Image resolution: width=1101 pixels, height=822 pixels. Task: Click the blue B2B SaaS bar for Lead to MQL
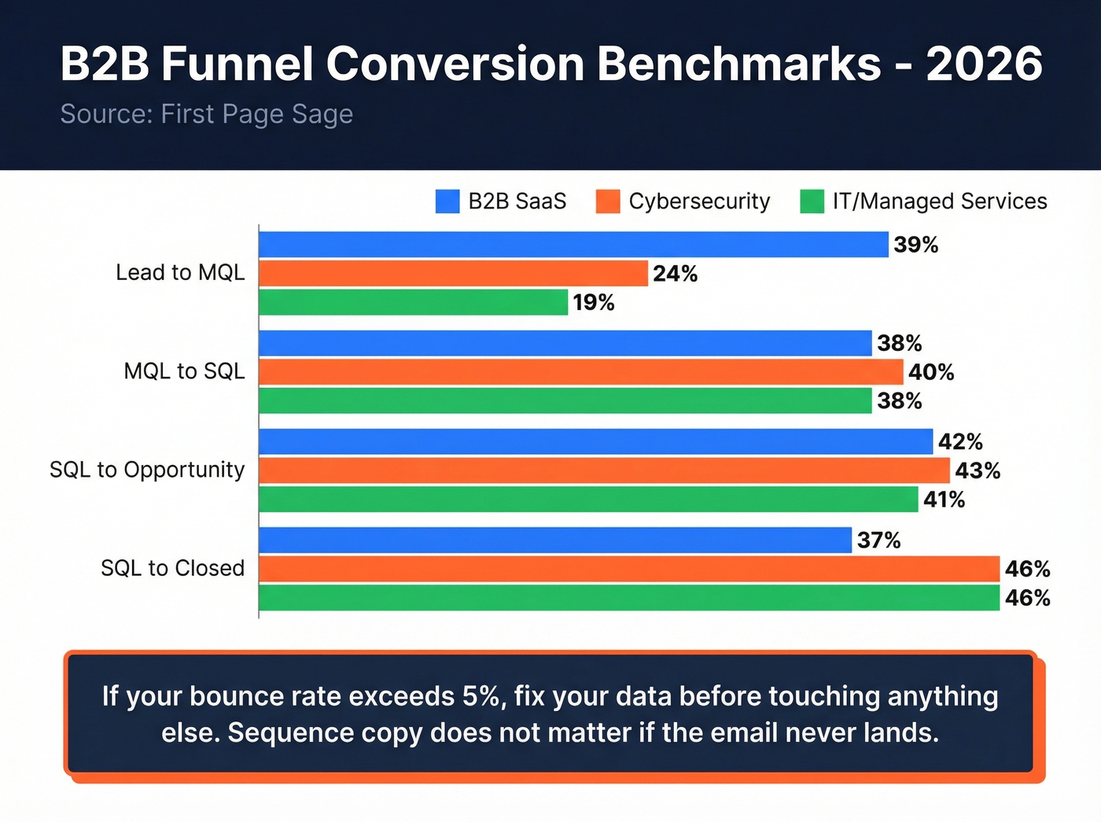(573, 245)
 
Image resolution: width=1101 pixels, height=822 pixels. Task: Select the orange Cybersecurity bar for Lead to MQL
(453, 274)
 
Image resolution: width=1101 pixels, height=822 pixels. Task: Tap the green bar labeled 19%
(413, 303)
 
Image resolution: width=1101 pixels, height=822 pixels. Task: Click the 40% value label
(931, 372)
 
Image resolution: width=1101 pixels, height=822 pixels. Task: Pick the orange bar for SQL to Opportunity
(604, 470)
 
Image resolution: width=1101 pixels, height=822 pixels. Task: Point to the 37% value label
(878, 540)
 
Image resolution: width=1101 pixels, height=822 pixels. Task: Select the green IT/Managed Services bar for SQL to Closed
(628, 598)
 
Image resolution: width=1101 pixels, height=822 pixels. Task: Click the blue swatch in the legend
(447, 201)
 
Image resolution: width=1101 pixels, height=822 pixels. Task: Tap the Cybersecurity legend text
(699, 201)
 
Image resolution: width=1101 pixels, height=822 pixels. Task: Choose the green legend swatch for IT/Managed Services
(812, 201)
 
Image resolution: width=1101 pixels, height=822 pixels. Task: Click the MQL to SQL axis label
(184, 371)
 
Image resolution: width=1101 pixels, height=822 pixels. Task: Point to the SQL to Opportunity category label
(147, 470)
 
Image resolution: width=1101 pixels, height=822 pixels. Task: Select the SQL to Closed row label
(172, 568)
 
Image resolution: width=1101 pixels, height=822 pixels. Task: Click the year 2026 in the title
(984, 64)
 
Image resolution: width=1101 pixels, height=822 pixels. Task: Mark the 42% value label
(960, 442)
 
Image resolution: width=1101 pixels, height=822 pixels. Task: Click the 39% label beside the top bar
(915, 245)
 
